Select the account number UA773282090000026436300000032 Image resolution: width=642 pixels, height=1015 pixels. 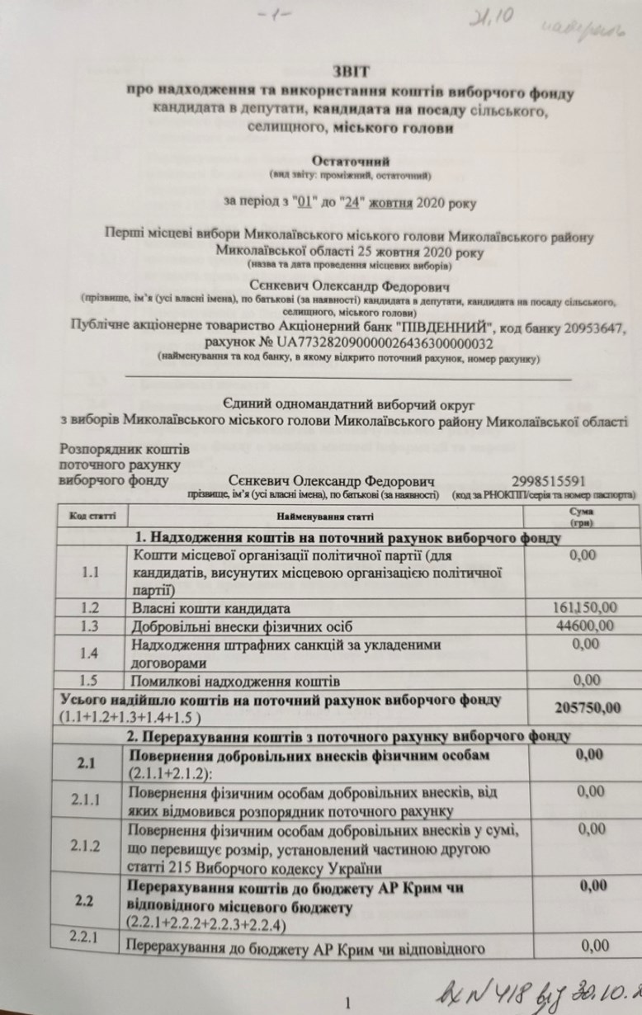(362, 343)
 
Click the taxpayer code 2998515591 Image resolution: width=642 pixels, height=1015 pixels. (549, 481)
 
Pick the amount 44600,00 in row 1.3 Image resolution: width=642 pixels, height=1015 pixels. (584, 626)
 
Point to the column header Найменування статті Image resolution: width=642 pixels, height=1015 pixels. (325, 517)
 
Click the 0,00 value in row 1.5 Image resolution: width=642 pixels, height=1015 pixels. (586, 681)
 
